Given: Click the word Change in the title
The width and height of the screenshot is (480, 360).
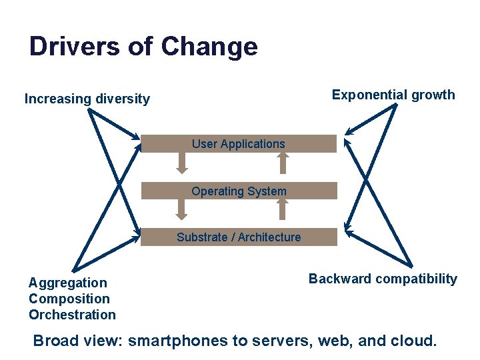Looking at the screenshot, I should click(x=209, y=47).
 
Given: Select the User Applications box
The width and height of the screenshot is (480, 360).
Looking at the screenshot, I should click(x=239, y=144).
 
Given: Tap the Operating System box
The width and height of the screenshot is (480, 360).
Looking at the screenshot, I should click(x=239, y=191).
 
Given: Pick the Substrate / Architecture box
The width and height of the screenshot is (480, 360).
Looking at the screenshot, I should click(x=239, y=237).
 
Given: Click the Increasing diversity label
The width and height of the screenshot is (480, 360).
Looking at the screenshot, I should click(x=87, y=99).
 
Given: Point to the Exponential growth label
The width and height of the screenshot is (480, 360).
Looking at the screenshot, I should click(x=393, y=95).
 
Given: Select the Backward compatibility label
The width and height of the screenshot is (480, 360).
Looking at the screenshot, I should click(x=383, y=279).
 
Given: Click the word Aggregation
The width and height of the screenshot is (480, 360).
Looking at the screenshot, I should click(x=67, y=283).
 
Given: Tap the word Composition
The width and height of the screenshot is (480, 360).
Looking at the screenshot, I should click(x=69, y=299).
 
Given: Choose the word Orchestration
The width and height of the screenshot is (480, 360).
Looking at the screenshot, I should click(x=72, y=315).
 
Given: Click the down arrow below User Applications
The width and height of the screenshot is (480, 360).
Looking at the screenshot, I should click(x=181, y=163).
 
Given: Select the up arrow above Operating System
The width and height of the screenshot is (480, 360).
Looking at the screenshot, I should click(x=283, y=163).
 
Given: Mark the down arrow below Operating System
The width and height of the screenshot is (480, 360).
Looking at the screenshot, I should click(x=181, y=209).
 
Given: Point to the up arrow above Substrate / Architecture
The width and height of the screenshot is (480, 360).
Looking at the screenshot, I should click(x=283, y=209).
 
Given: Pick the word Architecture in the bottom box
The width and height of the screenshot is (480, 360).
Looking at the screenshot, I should click(x=269, y=237).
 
